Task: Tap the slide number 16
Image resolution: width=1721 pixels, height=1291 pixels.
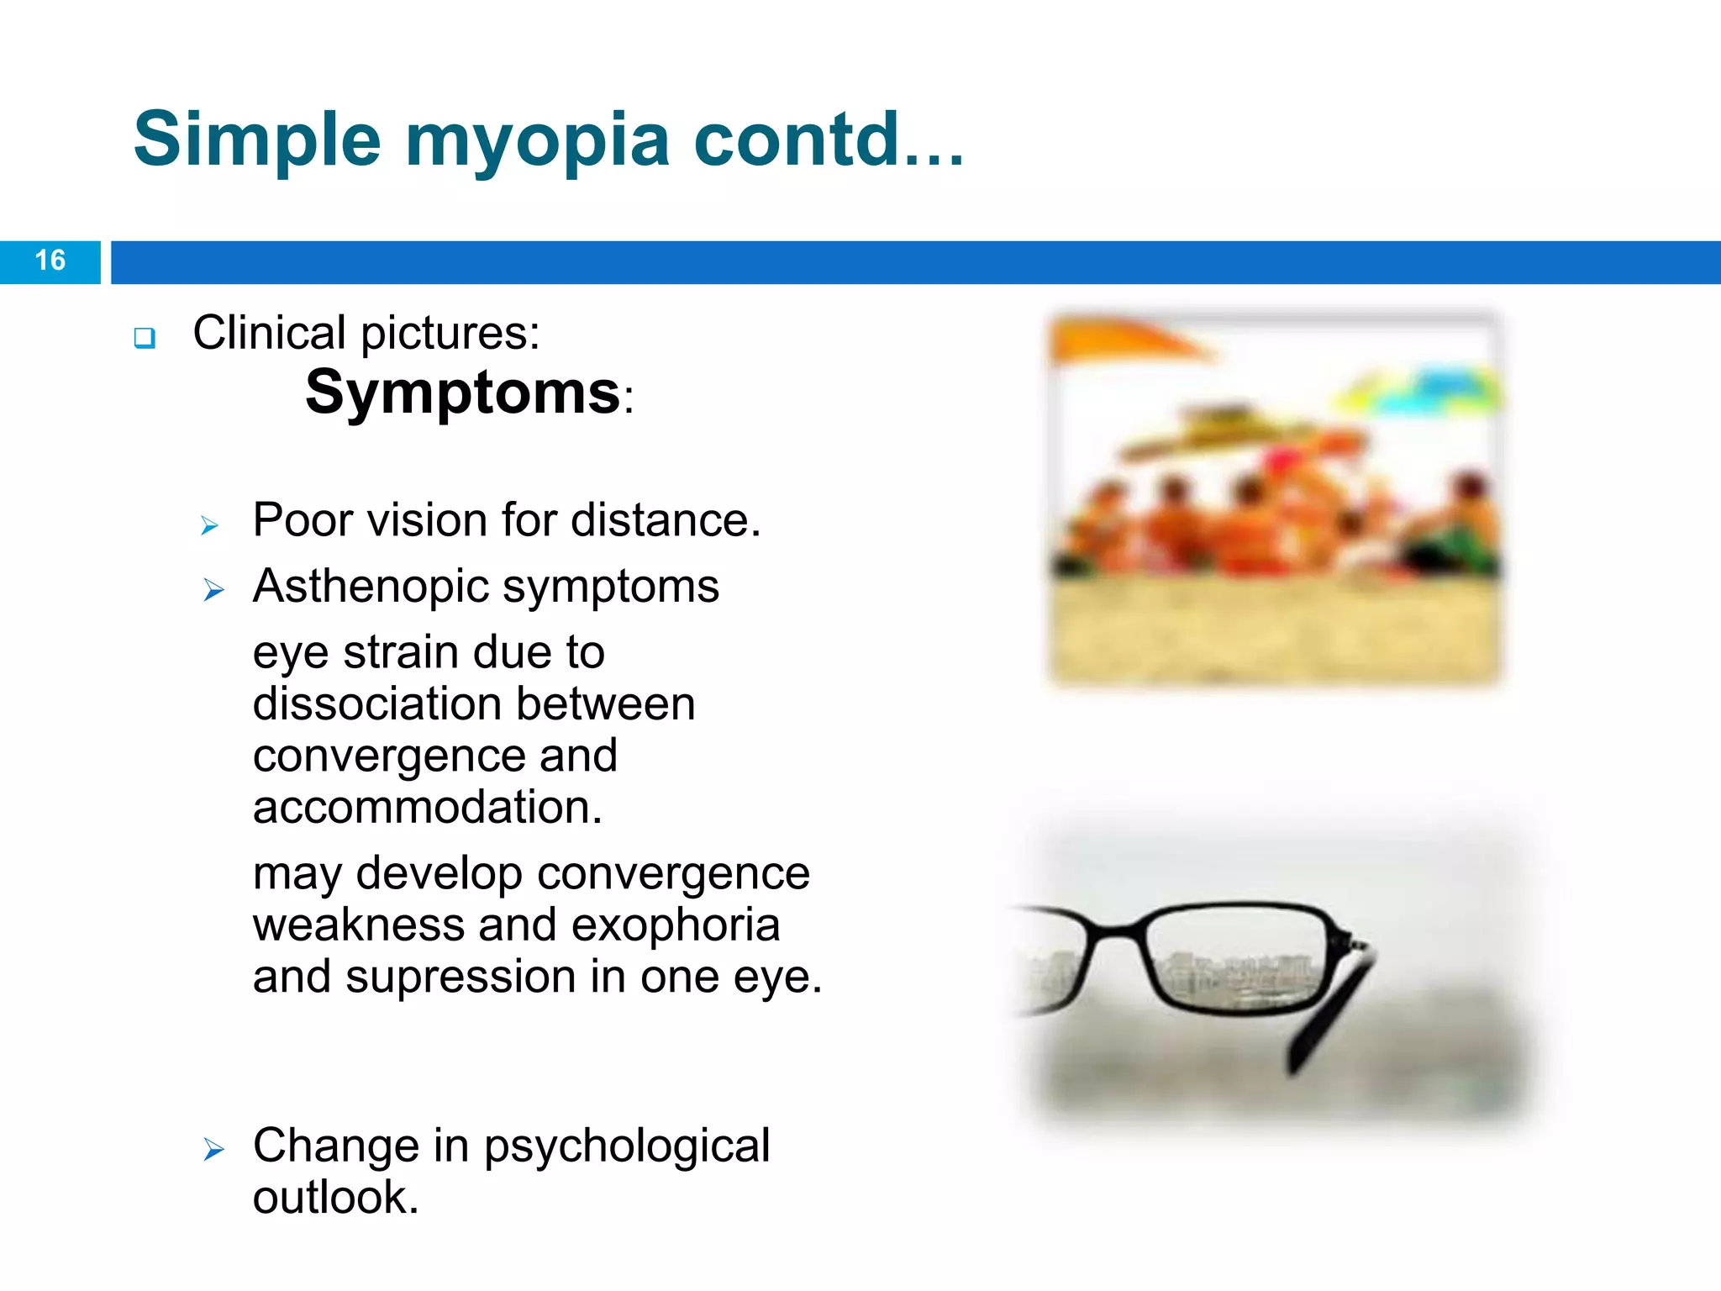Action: click(x=50, y=261)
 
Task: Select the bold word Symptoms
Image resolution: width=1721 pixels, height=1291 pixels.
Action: click(x=462, y=393)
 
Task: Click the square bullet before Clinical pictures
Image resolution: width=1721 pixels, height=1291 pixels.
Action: click(x=145, y=338)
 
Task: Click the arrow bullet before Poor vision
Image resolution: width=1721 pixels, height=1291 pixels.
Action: click(x=210, y=526)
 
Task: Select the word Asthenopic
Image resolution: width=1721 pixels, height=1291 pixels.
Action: click(x=370, y=586)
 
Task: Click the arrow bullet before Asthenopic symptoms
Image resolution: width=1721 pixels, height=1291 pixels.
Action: click(x=213, y=591)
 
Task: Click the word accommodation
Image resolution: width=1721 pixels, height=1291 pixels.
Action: click(x=427, y=807)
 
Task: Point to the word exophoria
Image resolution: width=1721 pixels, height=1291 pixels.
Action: click(x=676, y=925)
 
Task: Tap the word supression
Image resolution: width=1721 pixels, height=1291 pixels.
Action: click(x=461, y=977)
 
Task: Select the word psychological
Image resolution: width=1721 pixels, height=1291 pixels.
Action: click(x=626, y=1146)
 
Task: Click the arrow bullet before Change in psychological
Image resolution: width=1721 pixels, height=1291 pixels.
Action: click(x=213, y=1149)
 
